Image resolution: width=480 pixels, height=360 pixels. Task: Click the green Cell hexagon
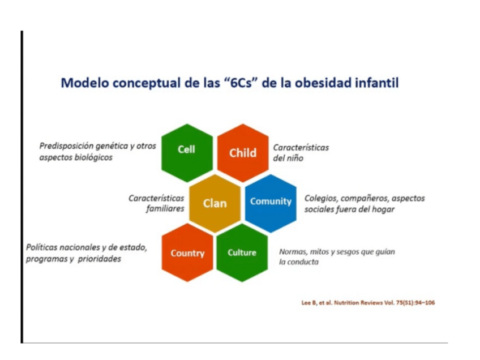[187, 153]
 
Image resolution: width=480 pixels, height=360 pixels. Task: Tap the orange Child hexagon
[243, 153]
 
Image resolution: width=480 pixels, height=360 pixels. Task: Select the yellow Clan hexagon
[215, 203]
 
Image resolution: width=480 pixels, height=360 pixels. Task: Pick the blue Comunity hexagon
[271, 203]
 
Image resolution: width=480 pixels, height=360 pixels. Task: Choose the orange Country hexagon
[187, 252]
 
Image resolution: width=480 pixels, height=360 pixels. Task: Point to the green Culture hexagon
[242, 252]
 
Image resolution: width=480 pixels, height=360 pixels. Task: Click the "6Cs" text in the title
[240, 83]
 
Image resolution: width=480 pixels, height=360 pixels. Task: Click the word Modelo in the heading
[85, 83]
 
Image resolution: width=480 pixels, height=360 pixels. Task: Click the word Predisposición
[66, 146]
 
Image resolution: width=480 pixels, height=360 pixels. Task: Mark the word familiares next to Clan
[165, 209]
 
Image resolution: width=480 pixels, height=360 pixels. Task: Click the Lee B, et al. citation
[368, 303]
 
